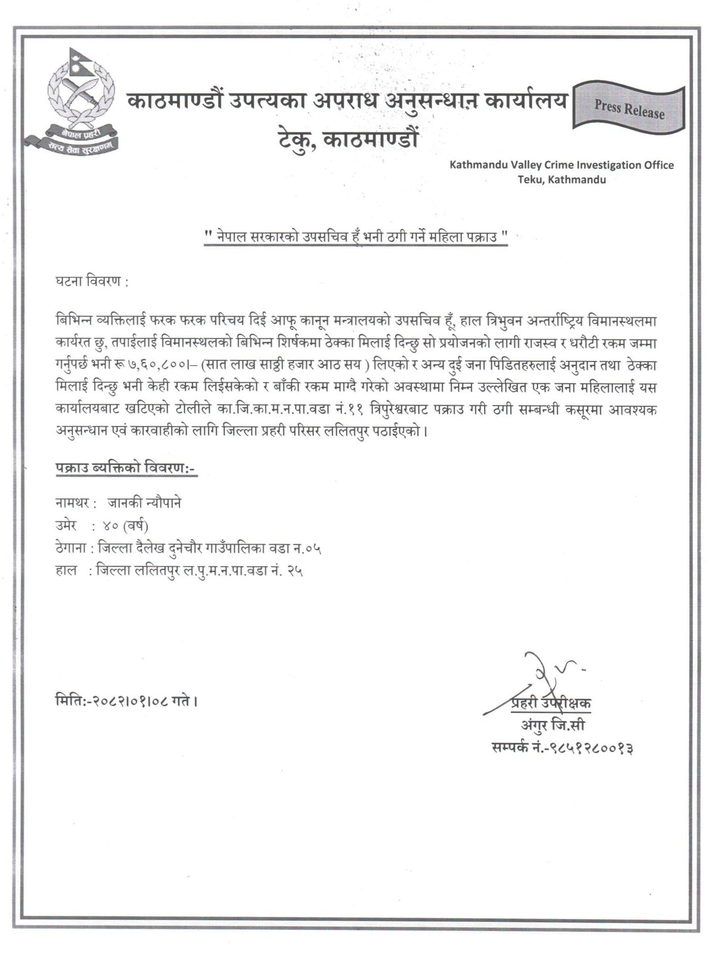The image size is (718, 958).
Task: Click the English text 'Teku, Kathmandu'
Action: (562, 179)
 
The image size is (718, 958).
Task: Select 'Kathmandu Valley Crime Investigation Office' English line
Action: (562, 165)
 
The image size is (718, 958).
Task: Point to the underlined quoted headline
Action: (355, 237)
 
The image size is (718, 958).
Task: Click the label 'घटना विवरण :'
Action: (91, 282)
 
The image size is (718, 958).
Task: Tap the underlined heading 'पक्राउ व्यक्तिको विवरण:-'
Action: (125, 468)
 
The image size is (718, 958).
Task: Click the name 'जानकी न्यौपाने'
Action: (144, 503)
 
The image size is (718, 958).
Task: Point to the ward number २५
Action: (295, 571)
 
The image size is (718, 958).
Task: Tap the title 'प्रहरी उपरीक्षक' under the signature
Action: (550, 704)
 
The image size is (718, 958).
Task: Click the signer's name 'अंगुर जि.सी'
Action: (552, 725)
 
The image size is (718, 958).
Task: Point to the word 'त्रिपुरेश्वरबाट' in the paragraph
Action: (399, 410)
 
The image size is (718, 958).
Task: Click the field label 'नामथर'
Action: (73, 503)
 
